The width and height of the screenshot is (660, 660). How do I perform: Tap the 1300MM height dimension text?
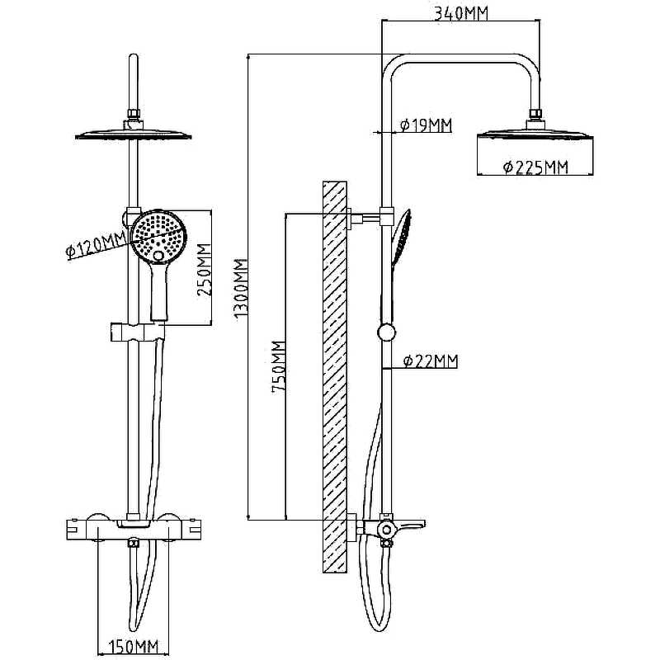click(x=240, y=289)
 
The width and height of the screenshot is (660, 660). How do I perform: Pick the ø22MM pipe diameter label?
click(x=431, y=361)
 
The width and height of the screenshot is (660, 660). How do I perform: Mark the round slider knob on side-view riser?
click(x=385, y=333)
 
